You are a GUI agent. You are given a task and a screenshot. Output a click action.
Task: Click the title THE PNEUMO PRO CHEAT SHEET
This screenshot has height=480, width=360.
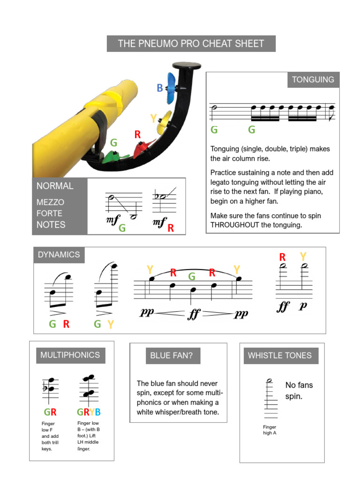click(191, 44)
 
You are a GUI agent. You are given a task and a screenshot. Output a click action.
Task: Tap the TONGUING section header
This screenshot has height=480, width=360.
click(313, 80)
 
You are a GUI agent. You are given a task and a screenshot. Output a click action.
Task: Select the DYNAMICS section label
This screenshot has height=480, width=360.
click(59, 255)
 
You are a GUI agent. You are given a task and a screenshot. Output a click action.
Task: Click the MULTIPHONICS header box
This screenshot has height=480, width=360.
click(70, 355)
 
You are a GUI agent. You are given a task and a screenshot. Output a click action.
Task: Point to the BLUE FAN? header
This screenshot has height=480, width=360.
click(171, 355)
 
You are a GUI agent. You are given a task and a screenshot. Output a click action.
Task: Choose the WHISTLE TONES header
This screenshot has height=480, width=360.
click(279, 355)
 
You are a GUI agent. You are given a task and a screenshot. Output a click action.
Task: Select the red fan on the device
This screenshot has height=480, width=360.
click(142, 149)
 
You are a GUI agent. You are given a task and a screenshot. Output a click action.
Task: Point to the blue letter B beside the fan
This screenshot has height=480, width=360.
click(160, 88)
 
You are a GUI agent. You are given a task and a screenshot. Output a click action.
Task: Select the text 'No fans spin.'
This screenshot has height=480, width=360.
click(299, 390)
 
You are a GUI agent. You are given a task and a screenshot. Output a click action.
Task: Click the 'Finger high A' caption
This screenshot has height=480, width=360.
click(270, 430)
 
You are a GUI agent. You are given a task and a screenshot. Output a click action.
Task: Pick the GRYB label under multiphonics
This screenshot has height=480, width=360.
click(89, 412)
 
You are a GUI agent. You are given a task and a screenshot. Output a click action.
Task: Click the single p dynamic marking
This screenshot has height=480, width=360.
click(303, 306)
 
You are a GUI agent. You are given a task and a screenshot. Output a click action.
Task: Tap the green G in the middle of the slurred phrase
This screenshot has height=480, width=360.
click(192, 277)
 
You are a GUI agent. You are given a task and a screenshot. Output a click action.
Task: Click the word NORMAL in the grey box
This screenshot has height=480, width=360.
click(55, 186)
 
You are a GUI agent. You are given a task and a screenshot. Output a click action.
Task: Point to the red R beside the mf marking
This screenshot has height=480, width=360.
click(171, 228)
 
